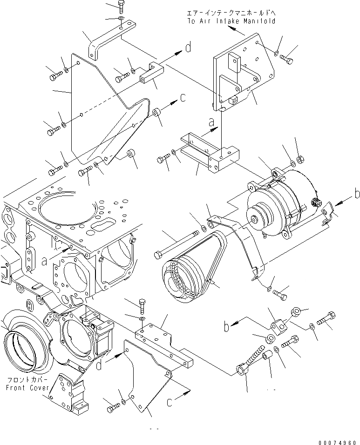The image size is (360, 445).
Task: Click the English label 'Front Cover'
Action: [x=24, y=387]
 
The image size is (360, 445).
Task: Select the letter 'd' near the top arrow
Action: [x=188, y=47]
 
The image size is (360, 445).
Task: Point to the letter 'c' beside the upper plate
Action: [x=183, y=98]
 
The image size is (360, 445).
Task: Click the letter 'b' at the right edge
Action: [x=357, y=194]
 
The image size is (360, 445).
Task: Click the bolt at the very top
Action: [x=121, y=7]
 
